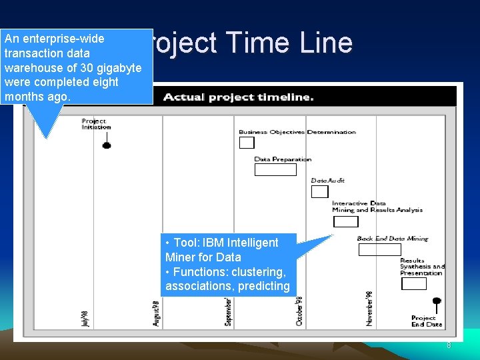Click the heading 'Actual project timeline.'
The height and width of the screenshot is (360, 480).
pyautogui.click(x=238, y=97)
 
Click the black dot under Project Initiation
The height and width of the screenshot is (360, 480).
pyautogui.click(x=107, y=145)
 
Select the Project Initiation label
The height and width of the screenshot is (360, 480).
pyautogui.click(x=96, y=124)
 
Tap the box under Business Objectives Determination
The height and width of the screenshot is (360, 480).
pyautogui.click(x=247, y=143)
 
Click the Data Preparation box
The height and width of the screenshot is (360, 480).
pyautogui.click(x=275, y=169)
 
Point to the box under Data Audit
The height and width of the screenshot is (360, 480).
pyautogui.click(x=320, y=192)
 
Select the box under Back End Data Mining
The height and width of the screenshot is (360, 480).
pyautogui.click(x=380, y=250)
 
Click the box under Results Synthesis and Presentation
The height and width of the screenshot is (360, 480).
pyautogui.click(x=414, y=283)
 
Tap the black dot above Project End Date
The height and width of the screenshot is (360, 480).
pyautogui.click(x=437, y=301)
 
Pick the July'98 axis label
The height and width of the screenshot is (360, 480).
pyautogui.click(x=85, y=318)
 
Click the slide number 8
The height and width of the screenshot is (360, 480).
pyautogui.click(x=449, y=345)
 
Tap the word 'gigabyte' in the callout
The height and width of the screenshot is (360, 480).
pyautogui.click(x=119, y=68)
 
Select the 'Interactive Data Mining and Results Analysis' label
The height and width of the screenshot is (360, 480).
pyautogui.click(x=377, y=207)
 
